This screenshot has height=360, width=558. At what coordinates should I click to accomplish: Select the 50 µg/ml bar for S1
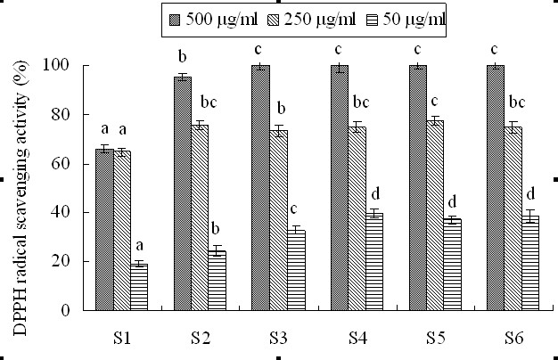139,287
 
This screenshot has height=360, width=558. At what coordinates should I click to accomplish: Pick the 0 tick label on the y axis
64,311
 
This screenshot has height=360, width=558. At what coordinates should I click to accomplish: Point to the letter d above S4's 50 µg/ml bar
374,195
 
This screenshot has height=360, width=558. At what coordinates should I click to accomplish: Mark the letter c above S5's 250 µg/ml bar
435,101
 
